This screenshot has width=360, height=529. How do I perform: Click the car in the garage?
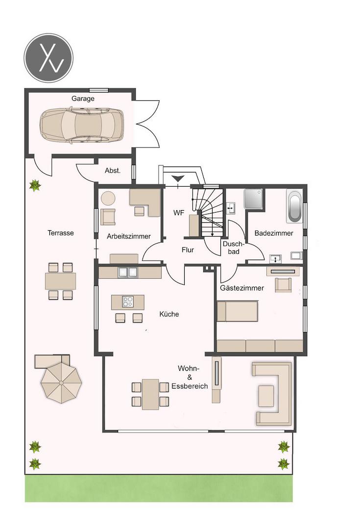[82, 125]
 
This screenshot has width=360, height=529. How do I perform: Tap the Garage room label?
[83, 98]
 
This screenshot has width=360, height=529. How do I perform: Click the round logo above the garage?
[48, 57]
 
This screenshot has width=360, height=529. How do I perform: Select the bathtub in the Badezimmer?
[294, 207]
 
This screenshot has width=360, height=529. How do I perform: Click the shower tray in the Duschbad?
[254, 199]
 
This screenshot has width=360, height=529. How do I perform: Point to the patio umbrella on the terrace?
[61, 382]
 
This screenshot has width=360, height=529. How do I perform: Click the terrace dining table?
[60, 281]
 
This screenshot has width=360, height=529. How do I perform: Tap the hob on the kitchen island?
[127, 301]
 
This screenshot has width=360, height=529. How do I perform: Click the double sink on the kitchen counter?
[127, 272]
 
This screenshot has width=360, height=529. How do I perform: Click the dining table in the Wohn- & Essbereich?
[150, 394]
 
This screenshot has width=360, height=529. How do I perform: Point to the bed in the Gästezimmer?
[237, 311]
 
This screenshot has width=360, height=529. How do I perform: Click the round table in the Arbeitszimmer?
[108, 198]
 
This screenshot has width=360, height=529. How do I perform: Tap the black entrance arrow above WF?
[177, 179]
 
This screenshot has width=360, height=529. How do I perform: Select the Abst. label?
[113, 171]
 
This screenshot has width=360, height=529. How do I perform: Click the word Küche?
[169, 314]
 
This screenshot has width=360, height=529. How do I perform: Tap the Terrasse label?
[60, 233]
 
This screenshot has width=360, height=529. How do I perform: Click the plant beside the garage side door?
[35, 185]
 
